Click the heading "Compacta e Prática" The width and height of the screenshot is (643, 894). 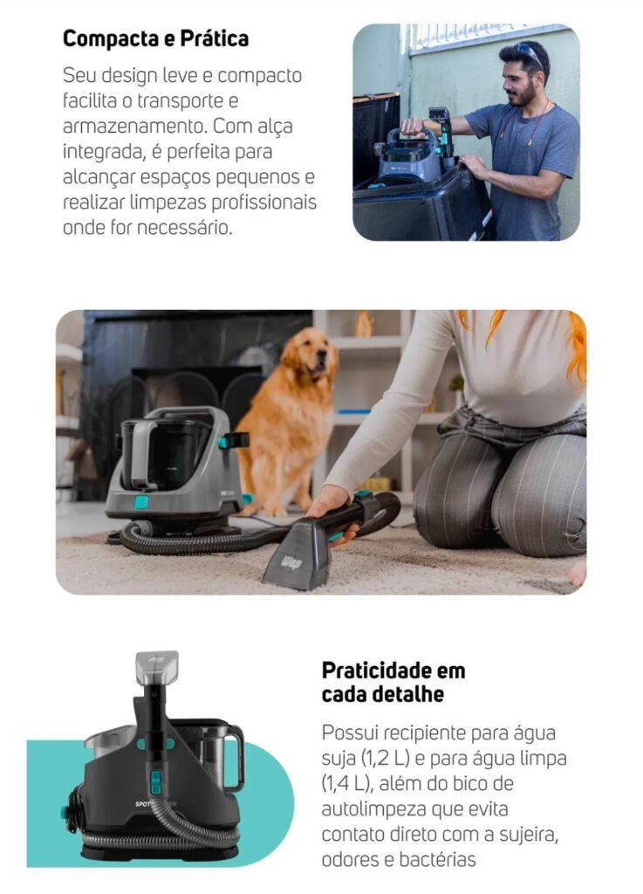click(x=155, y=38)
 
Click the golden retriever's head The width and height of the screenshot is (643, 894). click(x=311, y=354)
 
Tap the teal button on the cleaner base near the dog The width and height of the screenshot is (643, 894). click(x=141, y=502)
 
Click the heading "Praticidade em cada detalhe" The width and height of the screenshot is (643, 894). click(x=393, y=682)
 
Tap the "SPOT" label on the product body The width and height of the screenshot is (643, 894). click(x=142, y=804)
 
